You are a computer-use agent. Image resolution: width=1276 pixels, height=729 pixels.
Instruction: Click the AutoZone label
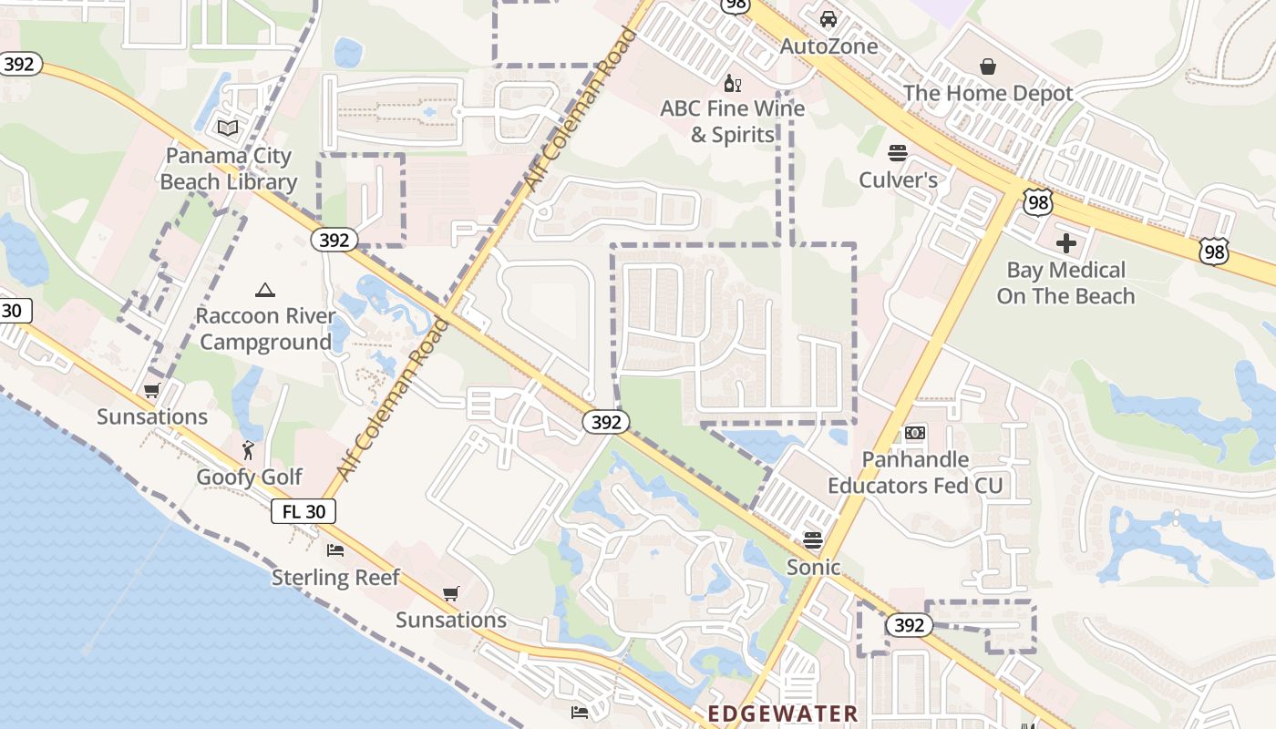click(829, 46)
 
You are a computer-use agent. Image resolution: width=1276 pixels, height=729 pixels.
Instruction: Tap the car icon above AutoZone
click(828, 18)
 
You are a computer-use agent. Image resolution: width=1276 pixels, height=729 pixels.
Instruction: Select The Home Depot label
click(988, 93)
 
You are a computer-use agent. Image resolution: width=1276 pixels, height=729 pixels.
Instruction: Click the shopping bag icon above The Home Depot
click(987, 67)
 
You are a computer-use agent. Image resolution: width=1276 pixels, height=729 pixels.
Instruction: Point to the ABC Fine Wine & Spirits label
click(733, 121)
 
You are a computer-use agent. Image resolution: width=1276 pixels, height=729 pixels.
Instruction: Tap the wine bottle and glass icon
click(732, 84)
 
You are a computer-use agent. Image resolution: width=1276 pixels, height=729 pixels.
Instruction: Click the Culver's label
click(898, 180)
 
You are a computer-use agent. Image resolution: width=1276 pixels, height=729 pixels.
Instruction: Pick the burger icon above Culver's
click(898, 152)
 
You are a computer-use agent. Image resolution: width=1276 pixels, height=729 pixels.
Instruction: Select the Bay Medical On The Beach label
click(1065, 282)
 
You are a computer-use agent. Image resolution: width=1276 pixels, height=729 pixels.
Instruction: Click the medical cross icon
click(1065, 243)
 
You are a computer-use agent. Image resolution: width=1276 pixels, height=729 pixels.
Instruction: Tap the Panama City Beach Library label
click(228, 169)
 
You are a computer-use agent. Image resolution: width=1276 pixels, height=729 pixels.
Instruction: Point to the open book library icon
click(228, 128)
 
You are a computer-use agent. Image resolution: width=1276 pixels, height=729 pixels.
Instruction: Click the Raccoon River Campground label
click(265, 329)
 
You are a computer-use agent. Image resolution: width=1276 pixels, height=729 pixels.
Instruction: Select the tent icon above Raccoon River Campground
click(265, 291)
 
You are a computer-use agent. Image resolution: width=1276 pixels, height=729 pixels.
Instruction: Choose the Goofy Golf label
click(250, 477)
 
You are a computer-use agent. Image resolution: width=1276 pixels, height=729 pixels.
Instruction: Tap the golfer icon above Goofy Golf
click(248, 450)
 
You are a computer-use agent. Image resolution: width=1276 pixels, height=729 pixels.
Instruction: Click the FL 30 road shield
click(304, 511)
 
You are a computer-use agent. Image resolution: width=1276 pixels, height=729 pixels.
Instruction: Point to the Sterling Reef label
click(335, 577)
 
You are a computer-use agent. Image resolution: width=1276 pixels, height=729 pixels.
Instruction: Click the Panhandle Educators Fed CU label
click(915, 472)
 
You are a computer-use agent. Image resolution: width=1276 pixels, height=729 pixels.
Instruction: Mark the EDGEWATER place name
click(783, 714)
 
